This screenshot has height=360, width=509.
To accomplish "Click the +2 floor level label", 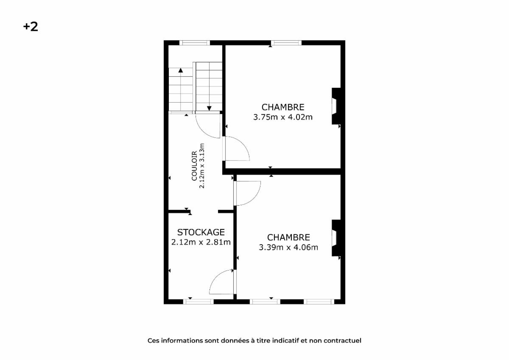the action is (31, 27).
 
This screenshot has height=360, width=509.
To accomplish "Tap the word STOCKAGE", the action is (201, 232).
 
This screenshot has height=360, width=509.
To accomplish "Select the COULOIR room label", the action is (194, 166).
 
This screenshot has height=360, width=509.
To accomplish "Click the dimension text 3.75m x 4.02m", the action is (283, 117).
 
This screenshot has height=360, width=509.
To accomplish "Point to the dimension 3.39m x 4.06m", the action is (288, 247).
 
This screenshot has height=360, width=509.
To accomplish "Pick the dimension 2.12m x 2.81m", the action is (201, 243).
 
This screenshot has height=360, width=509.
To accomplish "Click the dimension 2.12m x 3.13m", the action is (202, 166).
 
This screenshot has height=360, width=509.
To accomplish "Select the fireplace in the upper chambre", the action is (336, 106).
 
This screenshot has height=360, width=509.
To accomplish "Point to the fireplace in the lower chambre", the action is (336, 238).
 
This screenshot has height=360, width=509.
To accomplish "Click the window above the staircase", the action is (195, 43).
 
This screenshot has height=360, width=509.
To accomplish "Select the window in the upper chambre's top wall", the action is (286, 43).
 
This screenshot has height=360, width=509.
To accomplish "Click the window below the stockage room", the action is (199, 301).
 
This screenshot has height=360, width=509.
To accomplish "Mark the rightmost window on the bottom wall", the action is (319, 301).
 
